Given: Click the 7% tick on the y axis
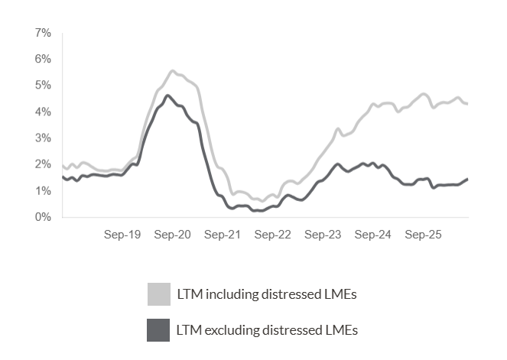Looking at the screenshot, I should [43, 33].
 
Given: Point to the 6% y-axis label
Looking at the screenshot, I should [43, 59].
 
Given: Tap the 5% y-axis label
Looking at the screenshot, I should [43, 85].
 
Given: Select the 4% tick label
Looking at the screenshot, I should [43, 112].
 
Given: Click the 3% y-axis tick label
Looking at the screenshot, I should [43, 138].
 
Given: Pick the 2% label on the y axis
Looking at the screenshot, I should [43, 164].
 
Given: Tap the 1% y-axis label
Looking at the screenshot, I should [43, 190].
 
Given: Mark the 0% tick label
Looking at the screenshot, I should [43, 217].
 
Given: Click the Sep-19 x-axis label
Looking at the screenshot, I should [122, 235].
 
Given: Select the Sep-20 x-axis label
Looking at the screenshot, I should [172, 235].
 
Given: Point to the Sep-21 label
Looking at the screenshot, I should [223, 235].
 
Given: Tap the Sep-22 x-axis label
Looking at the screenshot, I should [273, 235].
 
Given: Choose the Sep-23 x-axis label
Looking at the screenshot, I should [323, 235].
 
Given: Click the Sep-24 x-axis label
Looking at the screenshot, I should [373, 235].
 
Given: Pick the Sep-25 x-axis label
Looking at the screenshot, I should [423, 235].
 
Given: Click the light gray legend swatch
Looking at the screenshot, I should [159, 294].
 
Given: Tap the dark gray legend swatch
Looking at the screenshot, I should [159, 330].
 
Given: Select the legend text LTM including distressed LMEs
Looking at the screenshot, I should [268, 294].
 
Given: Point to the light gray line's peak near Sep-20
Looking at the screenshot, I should [172, 71].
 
